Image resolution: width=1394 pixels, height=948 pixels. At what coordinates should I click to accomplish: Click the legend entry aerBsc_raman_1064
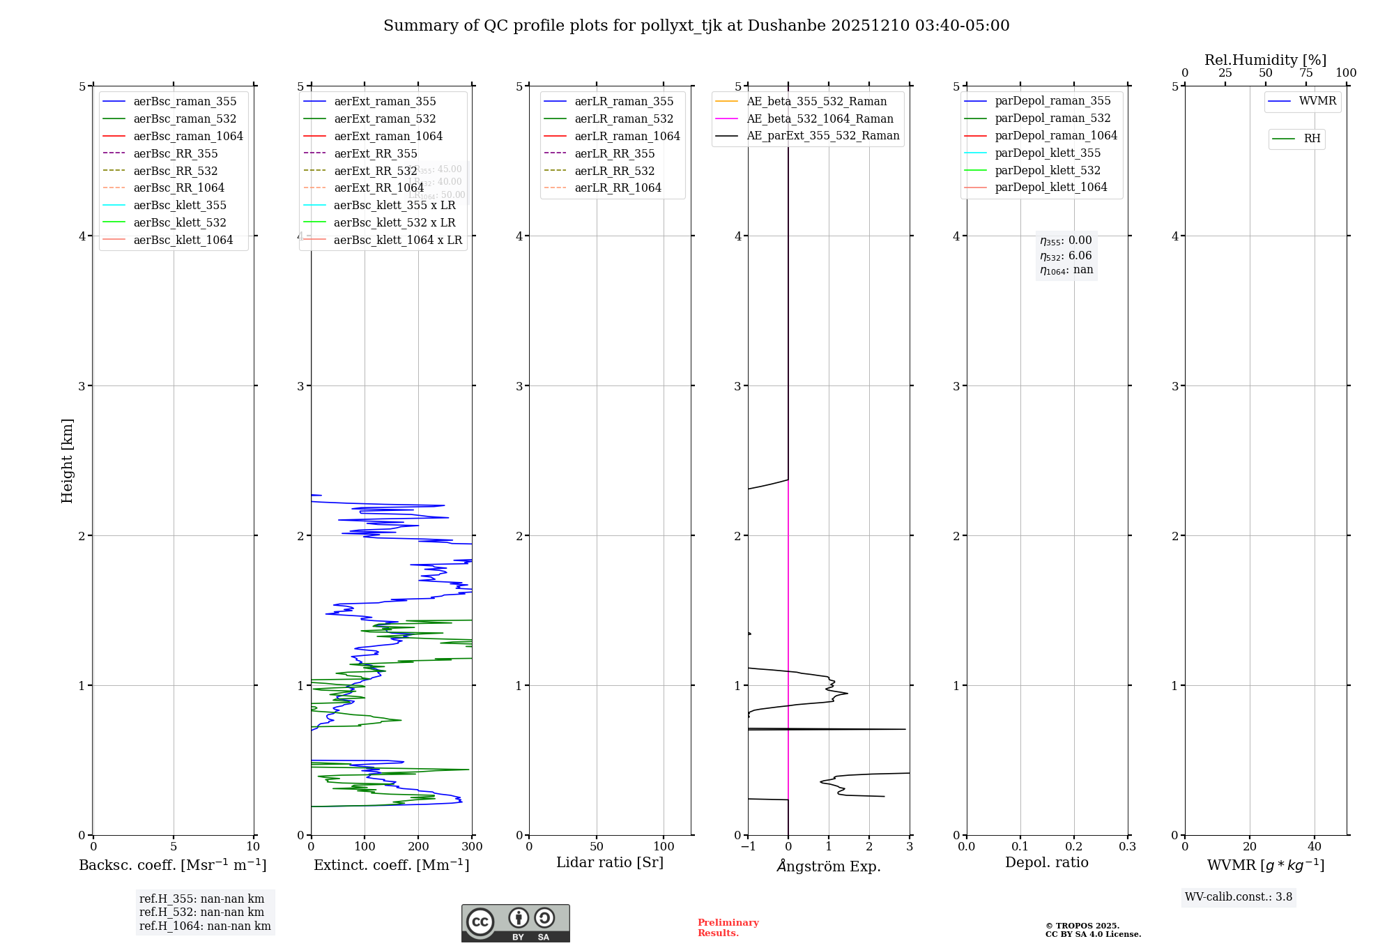(188, 136)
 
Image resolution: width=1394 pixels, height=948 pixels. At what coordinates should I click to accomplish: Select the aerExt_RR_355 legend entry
(375, 153)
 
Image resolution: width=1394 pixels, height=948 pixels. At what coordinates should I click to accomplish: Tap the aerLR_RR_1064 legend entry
(618, 188)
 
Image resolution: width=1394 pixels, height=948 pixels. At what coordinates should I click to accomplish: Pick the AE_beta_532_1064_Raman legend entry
(820, 118)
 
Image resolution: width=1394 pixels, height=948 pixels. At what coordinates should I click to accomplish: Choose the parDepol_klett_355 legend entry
(1048, 153)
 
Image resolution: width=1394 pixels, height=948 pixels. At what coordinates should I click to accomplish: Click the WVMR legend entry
(1317, 101)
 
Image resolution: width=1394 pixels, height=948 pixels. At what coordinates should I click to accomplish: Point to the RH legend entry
(1312, 139)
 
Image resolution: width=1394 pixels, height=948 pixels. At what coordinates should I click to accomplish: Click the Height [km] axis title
(67, 460)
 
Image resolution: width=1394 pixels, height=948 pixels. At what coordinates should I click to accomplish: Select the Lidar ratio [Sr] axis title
(610, 862)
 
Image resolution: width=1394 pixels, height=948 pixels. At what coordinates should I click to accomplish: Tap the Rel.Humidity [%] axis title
(1265, 60)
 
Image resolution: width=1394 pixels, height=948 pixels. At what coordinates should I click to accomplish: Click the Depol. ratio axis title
(1046, 862)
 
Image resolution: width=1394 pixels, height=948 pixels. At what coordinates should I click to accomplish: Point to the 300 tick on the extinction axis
(472, 847)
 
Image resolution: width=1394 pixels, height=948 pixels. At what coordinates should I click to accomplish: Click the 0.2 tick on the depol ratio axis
(1074, 847)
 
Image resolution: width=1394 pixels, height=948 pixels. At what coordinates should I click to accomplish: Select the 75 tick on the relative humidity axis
(1305, 73)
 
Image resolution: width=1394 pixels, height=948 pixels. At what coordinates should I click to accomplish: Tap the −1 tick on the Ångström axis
(748, 847)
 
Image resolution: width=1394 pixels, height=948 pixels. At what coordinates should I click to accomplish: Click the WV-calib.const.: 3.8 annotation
(1238, 897)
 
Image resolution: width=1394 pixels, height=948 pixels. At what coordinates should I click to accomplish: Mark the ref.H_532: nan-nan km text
(201, 912)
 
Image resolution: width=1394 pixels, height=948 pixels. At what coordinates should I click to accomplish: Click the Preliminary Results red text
(728, 928)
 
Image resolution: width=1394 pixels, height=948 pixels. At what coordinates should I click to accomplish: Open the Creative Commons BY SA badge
(515, 924)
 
